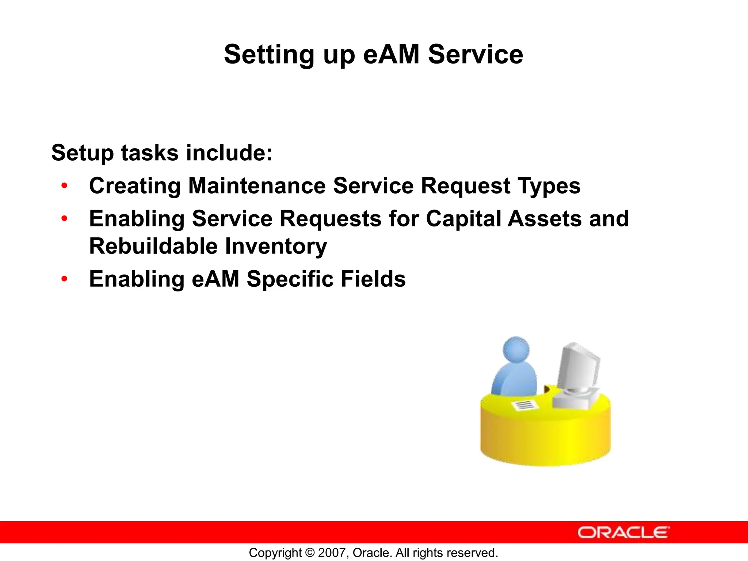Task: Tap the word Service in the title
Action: click(476, 54)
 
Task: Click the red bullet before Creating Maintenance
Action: click(65, 186)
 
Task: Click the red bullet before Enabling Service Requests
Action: click(65, 219)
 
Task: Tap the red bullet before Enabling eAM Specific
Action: click(65, 279)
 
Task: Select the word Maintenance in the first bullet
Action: click(256, 186)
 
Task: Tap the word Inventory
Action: click(276, 247)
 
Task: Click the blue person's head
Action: click(516, 349)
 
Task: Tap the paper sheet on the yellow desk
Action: click(525, 404)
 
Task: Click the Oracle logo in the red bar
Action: click(623, 532)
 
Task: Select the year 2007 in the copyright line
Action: click(330, 553)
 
